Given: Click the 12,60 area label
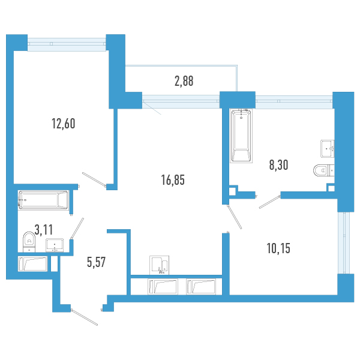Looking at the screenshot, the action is (x=64, y=124).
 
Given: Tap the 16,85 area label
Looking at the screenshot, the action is (x=173, y=180).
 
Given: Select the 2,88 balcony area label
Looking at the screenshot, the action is (x=184, y=81).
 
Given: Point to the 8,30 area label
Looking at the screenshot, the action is (x=278, y=165).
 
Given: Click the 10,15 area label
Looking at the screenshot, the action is (x=278, y=248).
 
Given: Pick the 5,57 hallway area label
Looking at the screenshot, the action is (x=96, y=262).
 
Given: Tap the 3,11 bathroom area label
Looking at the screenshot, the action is (x=44, y=230).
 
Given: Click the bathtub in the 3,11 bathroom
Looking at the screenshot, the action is (x=43, y=200).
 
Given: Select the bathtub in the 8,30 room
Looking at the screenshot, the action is (x=241, y=136).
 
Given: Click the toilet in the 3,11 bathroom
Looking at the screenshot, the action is (x=29, y=242).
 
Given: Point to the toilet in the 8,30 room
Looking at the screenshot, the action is (x=324, y=170).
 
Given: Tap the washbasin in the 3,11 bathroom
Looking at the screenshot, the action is (x=55, y=245).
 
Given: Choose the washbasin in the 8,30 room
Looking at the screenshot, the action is (x=328, y=149).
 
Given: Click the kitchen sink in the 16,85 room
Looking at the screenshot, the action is (x=160, y=265).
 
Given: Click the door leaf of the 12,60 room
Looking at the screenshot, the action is (x=94, y=179).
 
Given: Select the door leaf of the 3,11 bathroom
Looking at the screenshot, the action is (x=77, y=229).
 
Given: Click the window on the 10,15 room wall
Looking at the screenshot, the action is (x=344, y=242).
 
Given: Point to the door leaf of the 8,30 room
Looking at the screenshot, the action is (x=270, y=202).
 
